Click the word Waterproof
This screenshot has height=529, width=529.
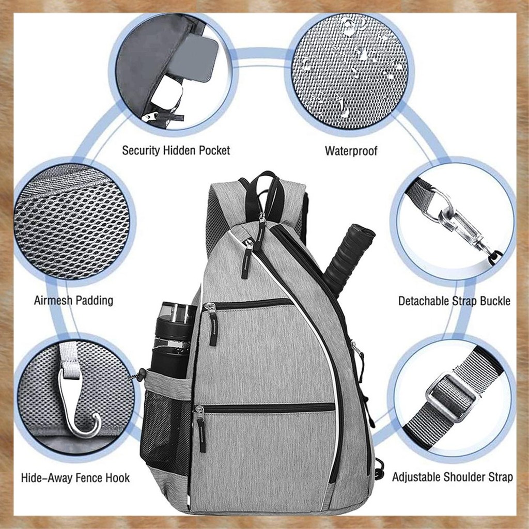(351, 151)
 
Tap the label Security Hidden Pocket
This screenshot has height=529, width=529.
(176, 150)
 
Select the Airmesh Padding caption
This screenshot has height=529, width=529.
(73, 300)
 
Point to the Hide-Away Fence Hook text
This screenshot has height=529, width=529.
(75, 478)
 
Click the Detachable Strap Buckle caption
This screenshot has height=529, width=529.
(454, 301)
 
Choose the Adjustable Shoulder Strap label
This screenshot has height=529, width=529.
(453, 477)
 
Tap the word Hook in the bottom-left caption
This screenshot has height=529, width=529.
(117, 478)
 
